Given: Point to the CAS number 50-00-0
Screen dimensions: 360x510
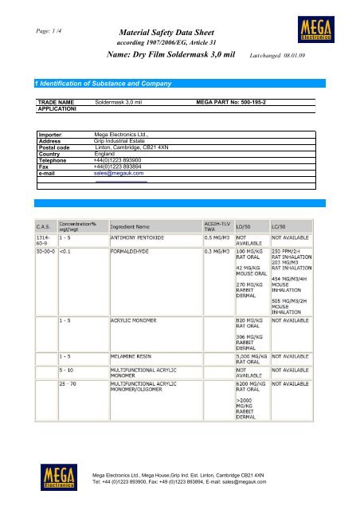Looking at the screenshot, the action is tap(42, 250).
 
